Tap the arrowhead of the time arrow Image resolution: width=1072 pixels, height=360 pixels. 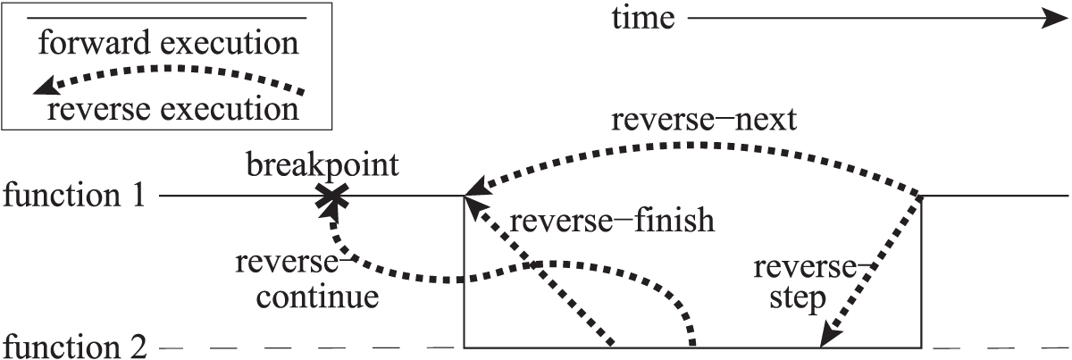click(x=1045, y=19)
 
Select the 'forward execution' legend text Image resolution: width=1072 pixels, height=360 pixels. click(x=169, y=42)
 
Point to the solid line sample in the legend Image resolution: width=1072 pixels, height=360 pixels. click(x=169, y=18)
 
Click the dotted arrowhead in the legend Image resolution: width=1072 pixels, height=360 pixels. click(x=43, y=87)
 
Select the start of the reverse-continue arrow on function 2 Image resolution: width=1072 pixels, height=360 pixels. click(x=692, y=343)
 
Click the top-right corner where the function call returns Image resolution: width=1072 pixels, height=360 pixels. click(x=921, y=196)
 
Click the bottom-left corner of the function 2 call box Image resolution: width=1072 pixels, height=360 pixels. click(x=465, y=346)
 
